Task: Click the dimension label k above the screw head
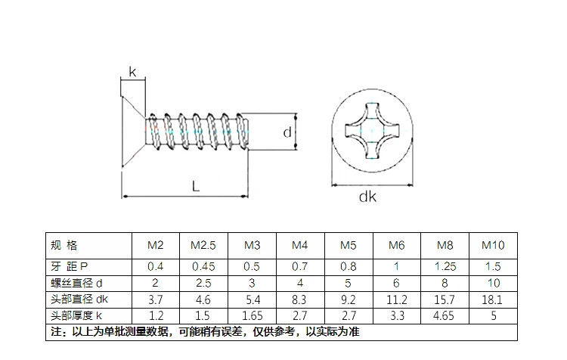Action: pyautogui.click(x=133, y=72)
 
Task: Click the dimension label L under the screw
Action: pyautogui.click(x=196, y=187)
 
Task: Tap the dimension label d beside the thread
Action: pyautogui.click(x=287, y=132)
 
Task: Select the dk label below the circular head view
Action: pyautogui.click(x=367, y=197)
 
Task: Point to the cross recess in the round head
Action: pyautogui.click(x=372, y=131)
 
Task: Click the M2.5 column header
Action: pyautogui.click(x=203, y=245)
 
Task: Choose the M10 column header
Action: pyautogui.click(x=493, y=245)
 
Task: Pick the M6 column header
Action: pyautogui.click(x=397, y=245)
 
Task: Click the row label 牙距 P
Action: pyautogui.click(x=69, y=267)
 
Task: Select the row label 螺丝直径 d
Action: pyautogui.click(x=76, y=283)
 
